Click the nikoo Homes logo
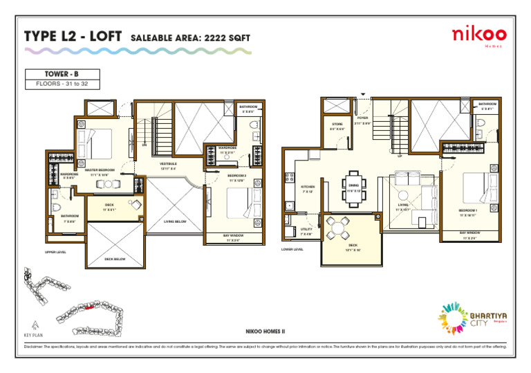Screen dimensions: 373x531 [478, 36]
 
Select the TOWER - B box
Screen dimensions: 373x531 [62, 73]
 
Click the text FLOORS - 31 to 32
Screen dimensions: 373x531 [62, 84]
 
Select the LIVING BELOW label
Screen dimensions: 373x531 [175, 221]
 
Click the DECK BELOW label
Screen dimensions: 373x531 [115, 259]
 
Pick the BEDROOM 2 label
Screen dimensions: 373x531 [238, 177]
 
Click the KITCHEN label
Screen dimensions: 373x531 [308, 188]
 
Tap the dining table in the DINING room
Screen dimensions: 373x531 [353, 190]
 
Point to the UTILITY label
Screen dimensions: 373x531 [306, 230]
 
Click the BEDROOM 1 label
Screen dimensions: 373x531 [468, 211]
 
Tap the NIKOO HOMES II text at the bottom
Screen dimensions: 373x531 [265, 332]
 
